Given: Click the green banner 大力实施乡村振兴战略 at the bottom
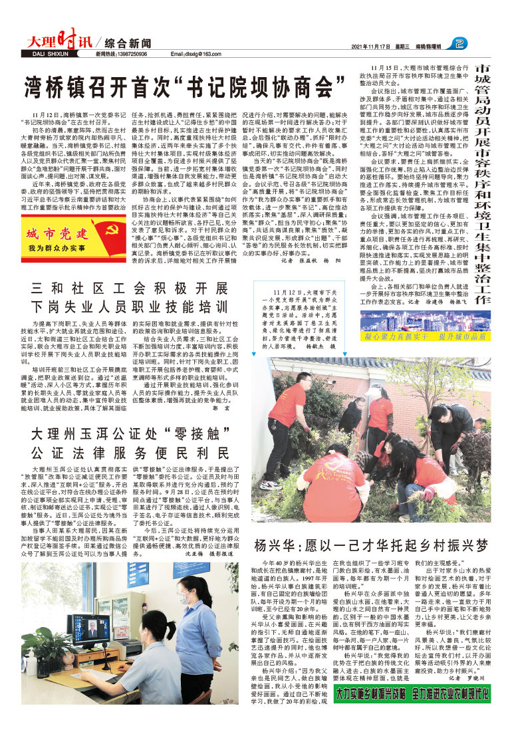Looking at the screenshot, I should [x=412, y=711].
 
